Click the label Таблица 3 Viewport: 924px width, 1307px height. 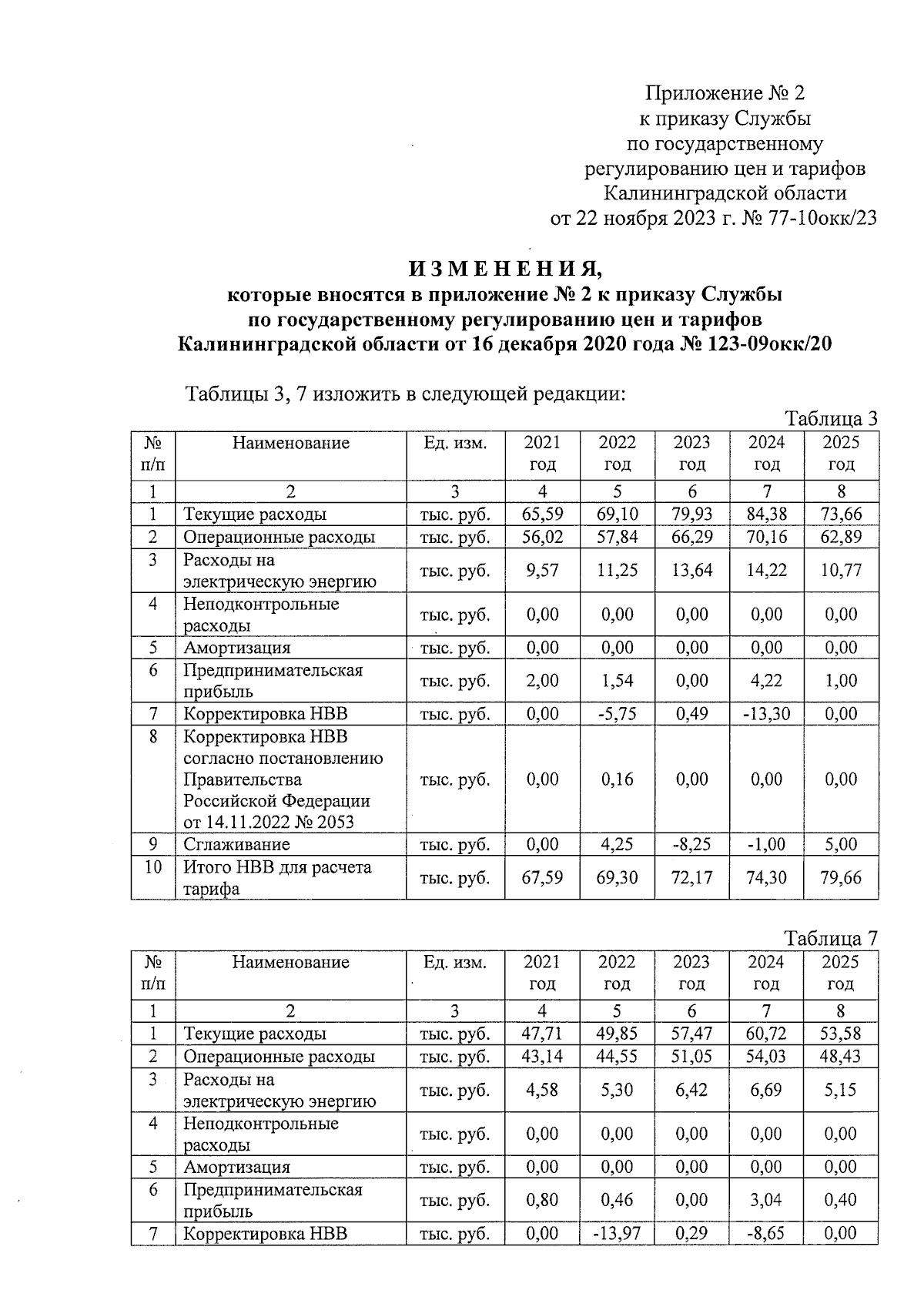point(831,419)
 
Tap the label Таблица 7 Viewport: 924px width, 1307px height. point(831,939)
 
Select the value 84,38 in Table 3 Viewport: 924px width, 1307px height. point(766,514)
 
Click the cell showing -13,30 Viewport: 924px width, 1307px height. point(766,714)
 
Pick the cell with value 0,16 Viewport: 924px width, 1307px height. point(617,779)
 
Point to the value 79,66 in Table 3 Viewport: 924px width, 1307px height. point(841,877)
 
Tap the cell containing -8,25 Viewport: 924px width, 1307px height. point(691,844)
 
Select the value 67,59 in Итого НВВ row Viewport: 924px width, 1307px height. point(542,877)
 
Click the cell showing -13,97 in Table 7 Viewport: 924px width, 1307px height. point(617,1234)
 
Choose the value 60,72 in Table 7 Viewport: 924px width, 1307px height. point(766,1034)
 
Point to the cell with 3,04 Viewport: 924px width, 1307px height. point(766,1200)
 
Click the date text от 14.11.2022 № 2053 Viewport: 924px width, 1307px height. point(269,822)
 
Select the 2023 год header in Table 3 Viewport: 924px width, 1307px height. point(691,453)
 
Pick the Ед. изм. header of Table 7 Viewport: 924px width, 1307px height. point(455,962)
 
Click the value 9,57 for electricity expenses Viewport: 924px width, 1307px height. point(542,571)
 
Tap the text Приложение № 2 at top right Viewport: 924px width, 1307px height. point(725,94)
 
